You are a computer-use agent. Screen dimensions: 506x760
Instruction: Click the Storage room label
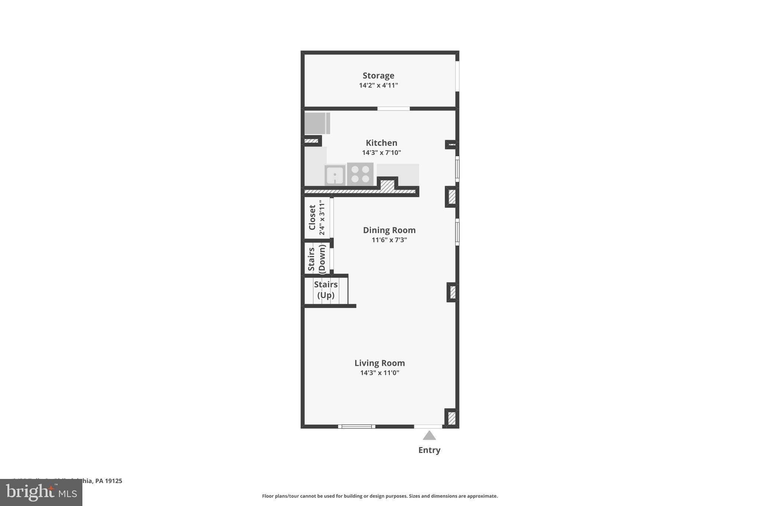(378, 76)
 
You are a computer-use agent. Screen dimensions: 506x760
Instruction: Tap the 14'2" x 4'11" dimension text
(378, 85)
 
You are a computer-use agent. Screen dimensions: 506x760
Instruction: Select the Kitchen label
(381, 143)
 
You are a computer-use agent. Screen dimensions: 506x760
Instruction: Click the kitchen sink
(335, 175)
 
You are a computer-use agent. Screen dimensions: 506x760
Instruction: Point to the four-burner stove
(360, 174)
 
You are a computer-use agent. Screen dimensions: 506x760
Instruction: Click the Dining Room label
(389, 230)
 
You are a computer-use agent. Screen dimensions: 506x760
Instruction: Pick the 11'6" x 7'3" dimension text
(389, 240)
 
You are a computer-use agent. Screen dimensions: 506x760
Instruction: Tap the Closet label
(312, 218)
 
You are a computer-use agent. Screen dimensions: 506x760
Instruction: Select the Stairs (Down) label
(317, 259)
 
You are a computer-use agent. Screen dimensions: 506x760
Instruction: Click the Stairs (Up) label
(326, 290)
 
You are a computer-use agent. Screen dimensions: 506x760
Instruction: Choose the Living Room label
(379, 363)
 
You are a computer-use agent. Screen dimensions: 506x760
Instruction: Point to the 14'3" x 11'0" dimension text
(379, 373)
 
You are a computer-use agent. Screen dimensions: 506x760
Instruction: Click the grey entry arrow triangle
(429, 436)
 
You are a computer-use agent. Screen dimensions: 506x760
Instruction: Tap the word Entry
(429, 450)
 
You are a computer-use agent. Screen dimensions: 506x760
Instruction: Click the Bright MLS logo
(41, 492)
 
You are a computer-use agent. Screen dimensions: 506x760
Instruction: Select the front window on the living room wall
(356, 427)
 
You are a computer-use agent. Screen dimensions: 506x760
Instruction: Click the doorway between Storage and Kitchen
(393, 109)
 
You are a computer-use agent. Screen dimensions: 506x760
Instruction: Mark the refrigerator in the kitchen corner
(317, 123)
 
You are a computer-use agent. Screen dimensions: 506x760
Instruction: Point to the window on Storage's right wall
(457, 76)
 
